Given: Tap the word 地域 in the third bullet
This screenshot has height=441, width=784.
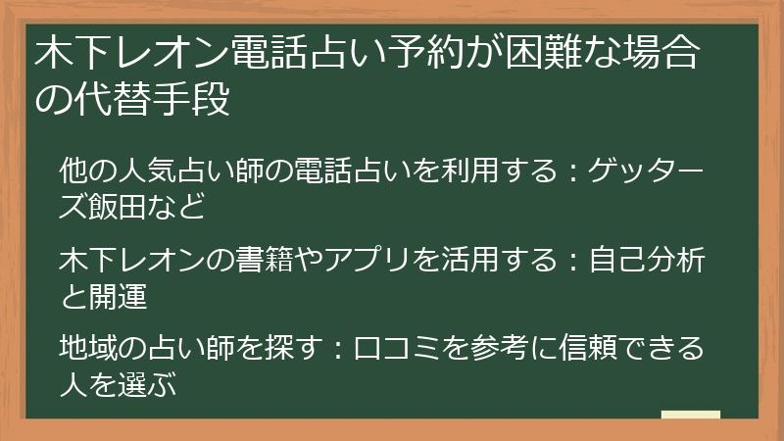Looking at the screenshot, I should [87, 348].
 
